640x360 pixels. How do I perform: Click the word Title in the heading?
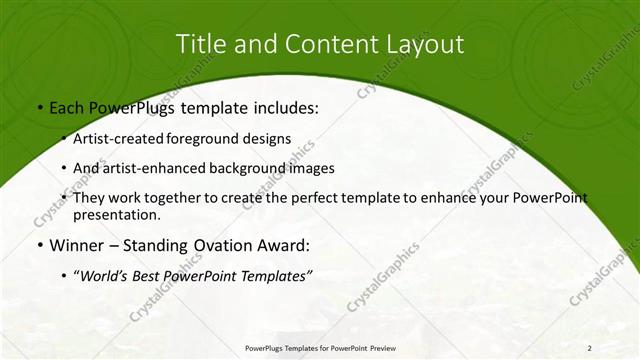coord(201,44)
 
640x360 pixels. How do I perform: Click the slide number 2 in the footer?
coord(590,348)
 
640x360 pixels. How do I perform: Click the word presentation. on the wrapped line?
coord(117,214)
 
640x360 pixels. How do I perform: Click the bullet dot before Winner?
coord(39,245)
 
